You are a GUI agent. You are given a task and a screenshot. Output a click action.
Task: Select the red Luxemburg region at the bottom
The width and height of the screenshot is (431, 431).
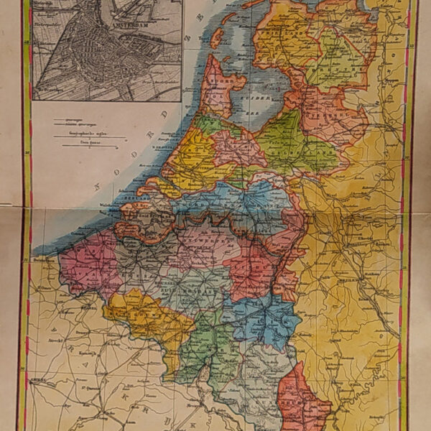pos(302,395)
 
